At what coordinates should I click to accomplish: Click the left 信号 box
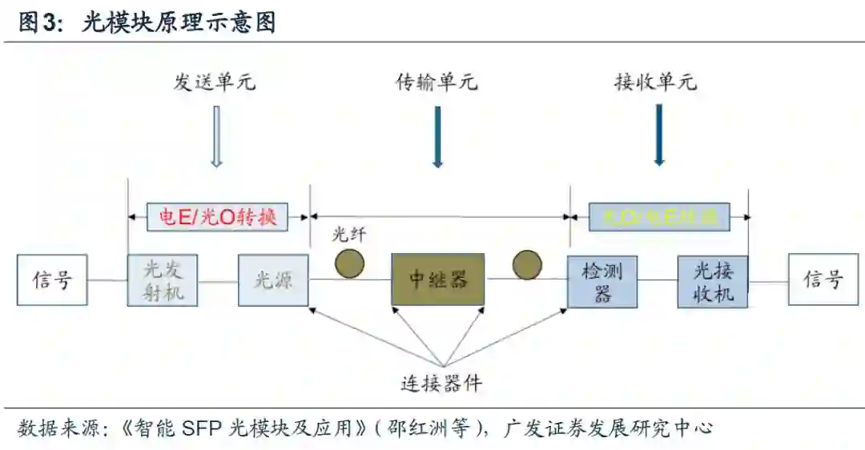(x=52, y=279)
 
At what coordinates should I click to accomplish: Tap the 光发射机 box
(x=163, y=279)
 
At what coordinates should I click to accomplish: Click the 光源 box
(x=273, y=279)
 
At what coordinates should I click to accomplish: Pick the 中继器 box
(x=437, y=279)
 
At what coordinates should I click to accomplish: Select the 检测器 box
(x=602, y=281)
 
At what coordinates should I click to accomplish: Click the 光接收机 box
(x=713, y=281)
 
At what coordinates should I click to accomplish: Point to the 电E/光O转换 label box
(x=218, y=216)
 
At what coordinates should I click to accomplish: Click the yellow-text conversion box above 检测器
(x=659, y=216)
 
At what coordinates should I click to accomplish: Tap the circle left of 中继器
(x=350, y=263)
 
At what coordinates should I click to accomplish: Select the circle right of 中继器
(x=527, y=264)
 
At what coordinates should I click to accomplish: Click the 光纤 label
(x=349, y=235)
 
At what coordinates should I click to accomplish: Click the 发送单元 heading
(x=215, y=82)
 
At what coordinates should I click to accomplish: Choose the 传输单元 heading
(x=437, y=82)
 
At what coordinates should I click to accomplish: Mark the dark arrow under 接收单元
(x=659, y=135)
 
